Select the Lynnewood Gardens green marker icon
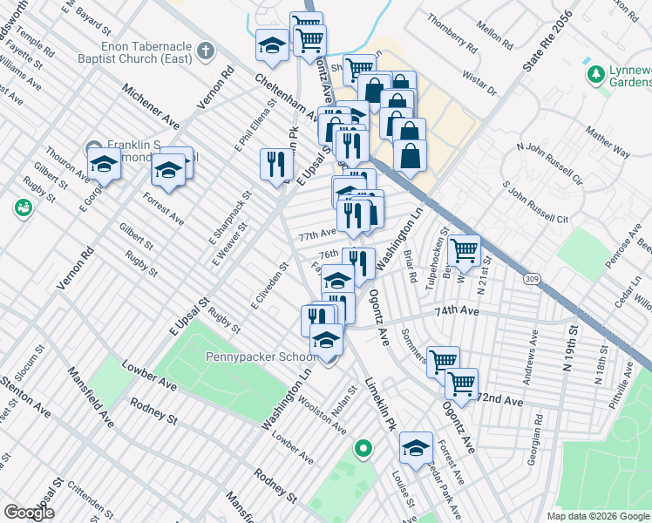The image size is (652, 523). (x=596, y=74)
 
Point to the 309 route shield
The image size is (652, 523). (x=532, y=278)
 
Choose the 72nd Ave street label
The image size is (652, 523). (x=499, y=400)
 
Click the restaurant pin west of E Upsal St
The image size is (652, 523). (x=276, y=163)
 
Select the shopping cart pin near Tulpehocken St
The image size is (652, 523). (x=464, y=249)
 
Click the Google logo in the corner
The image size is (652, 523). (x=30, y=513)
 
